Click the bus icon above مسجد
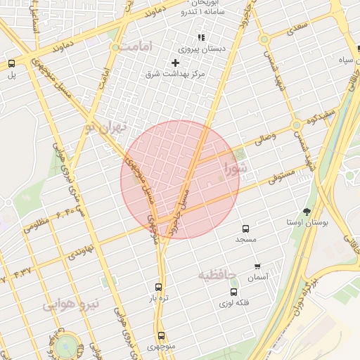245,229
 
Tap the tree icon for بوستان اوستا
307,211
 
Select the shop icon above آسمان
257,266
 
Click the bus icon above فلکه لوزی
233,292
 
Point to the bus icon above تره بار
157,287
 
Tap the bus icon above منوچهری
162,335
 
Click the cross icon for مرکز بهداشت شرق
175,63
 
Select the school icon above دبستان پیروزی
201,38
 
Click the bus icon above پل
11,63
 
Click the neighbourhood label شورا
236,168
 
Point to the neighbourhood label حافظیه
221,274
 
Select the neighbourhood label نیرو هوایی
72,304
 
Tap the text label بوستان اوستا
307,222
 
